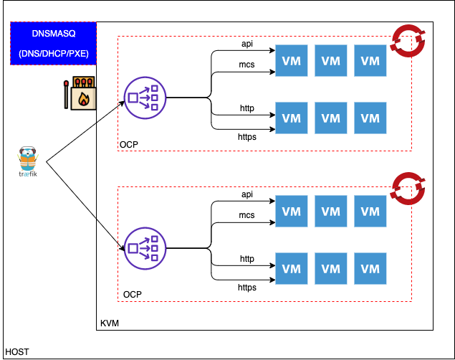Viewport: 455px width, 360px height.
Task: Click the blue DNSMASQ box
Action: tap(53, 43)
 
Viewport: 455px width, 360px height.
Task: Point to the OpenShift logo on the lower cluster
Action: tap(407, 188)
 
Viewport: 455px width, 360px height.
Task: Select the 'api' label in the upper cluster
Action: tap(247, 44)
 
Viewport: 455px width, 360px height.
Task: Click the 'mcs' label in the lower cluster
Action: tap(247, 215)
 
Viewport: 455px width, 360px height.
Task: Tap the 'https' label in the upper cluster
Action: tap(247, 136)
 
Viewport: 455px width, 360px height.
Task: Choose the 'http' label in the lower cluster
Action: tap(247, 259)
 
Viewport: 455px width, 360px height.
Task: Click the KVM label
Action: tap(110, 324)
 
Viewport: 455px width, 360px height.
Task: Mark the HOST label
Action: tap(16, 352)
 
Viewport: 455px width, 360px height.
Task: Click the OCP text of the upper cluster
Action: tap(129, 145)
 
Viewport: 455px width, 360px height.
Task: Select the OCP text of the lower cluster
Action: tap(132, 295)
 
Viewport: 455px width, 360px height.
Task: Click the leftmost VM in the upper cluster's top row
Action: tap(292, 61)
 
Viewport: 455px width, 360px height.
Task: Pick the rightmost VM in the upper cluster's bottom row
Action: tap(370, 118)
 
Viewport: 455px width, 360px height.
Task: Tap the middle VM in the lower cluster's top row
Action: tap(331, 212)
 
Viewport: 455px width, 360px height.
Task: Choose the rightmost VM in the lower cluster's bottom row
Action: tap(370, 269)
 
